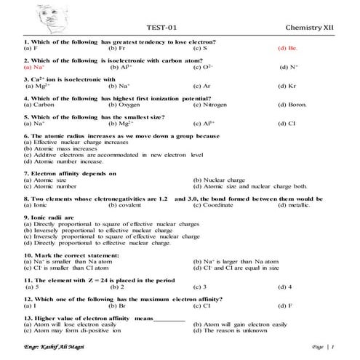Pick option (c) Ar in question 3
[x=202, y=86]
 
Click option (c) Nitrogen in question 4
[x=211, y=105]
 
